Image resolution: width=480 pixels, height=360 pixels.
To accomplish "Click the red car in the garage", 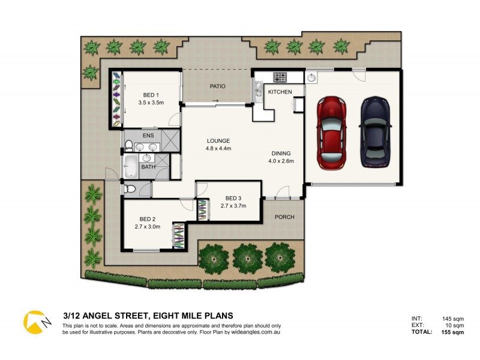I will (331, 133).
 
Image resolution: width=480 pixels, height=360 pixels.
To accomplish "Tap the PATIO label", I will (217, 86).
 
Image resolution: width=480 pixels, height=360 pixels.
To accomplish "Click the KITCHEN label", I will (280, 92).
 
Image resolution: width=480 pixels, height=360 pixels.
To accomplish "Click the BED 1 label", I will (151, 95).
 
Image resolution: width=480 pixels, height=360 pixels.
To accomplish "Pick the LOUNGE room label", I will (218, 141).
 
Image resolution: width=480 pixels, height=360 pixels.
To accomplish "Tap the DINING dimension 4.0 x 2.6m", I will (281, 160).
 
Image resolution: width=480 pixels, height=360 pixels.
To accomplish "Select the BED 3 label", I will (234, 199).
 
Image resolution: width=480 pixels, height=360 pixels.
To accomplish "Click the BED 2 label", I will (147, 219).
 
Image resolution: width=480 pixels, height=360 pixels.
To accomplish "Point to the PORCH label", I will (284, 217).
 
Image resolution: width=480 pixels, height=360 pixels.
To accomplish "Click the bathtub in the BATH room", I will (131, 165).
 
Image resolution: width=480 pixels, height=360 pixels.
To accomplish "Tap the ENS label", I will (148, 136).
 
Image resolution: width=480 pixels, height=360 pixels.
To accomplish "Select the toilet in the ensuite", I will (128, 145).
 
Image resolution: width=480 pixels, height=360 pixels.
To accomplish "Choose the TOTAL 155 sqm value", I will (452, 332).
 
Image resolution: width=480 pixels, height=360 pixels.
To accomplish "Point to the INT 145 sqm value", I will (453, 319).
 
